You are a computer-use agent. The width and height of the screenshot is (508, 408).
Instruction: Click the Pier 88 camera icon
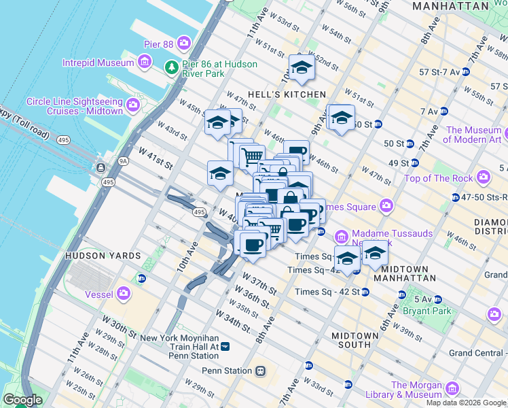click(x=185, y=44)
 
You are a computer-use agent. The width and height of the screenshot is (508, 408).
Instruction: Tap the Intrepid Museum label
click(x=98, y=63)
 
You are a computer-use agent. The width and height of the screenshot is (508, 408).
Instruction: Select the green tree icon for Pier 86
click(x=171, y=67)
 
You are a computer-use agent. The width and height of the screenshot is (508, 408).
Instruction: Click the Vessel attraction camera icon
click(x=124, y=293)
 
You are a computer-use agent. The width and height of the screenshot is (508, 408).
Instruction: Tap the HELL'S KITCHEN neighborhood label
click(x=287, y=94)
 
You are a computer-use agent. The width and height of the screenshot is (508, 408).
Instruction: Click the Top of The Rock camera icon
click(x=484, y=178)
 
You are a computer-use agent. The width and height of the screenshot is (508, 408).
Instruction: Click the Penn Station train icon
click(x=260, y=371)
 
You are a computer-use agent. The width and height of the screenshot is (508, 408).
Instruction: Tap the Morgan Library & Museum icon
click(x=452, y=389)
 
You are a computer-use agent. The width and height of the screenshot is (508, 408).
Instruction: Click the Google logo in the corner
click(x=22, y=401)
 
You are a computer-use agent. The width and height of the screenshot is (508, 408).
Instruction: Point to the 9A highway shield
click(x=123, y=161)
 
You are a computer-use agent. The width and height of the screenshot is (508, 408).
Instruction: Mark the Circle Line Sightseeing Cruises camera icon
click(x=132, y=105)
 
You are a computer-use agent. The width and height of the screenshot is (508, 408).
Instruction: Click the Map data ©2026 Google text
click(x=465, y=403)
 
